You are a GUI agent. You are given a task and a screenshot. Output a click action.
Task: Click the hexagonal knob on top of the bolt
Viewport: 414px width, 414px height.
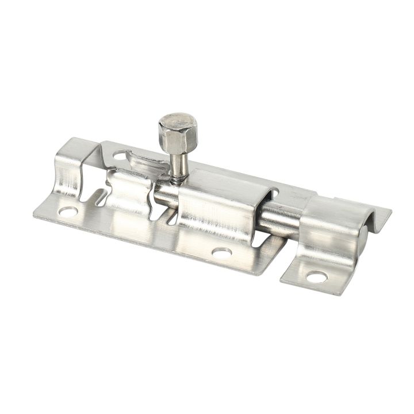tap(178, 127)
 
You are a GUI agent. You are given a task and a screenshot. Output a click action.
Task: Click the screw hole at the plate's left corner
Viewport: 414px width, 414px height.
tap(67, 212)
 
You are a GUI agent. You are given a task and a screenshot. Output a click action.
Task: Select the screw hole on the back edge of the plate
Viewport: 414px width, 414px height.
tap(120, 155)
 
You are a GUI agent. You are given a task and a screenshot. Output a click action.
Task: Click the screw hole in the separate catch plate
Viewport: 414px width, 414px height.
tap(316, 277)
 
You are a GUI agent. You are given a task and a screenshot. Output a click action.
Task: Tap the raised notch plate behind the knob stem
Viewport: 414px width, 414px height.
tap(144, 158)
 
